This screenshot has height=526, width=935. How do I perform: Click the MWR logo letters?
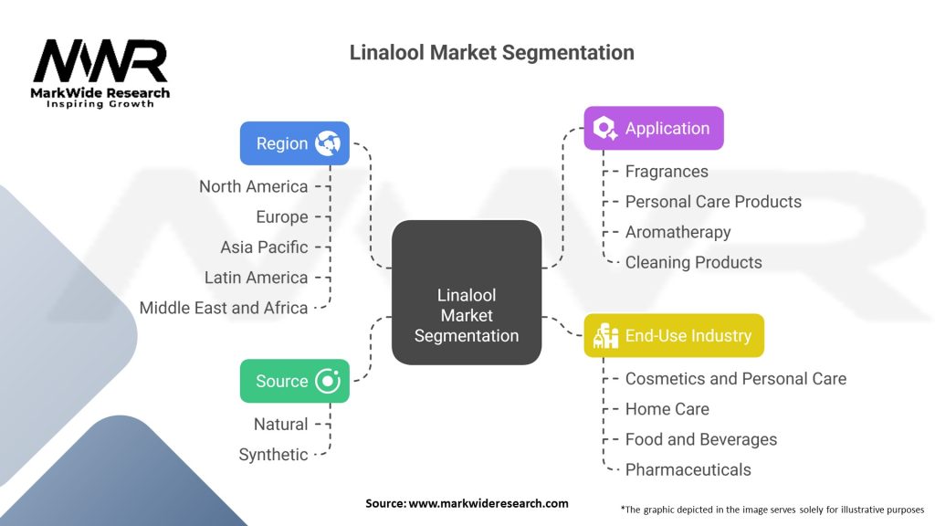point(100,61)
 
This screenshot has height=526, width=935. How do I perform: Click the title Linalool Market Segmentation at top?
point(491,52)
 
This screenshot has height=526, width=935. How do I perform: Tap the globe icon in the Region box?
point(328,143)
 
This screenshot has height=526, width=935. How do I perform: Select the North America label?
point(254,186)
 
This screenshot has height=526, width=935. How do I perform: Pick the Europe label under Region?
point(282,217)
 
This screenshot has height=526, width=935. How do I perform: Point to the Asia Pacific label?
point(264,247)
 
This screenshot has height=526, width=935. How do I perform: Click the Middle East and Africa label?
point(224,308)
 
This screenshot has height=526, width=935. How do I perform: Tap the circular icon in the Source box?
point(328,381)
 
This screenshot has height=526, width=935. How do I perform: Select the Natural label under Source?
point(281,424)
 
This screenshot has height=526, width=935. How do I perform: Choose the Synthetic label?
point(273,455)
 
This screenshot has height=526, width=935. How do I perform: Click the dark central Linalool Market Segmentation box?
point(467,292)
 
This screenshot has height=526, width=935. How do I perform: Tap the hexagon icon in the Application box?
point(605,128)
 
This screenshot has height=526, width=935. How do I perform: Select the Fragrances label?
point(667,172)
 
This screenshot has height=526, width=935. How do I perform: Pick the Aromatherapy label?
point(678,232)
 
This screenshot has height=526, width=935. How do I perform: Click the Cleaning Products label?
point(694,262)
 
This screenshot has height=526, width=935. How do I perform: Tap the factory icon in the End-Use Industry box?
point(606,336)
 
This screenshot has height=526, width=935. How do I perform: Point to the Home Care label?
point(667,409)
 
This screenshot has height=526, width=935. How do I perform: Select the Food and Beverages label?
point(701,439)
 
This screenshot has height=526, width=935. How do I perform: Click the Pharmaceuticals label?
point(688,470)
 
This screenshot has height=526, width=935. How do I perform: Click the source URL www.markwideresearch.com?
point(489,503)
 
